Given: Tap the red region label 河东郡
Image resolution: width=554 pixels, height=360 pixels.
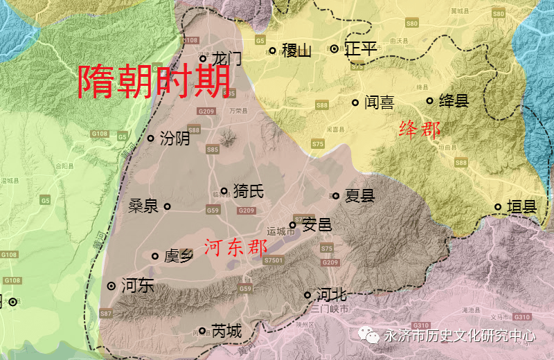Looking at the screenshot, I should (237, 248).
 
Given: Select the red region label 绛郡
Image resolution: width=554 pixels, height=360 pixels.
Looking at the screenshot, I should (420, 129).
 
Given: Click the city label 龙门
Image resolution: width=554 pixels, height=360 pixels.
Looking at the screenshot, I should (226, 58).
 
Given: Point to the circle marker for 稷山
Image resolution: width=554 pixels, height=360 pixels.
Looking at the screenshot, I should (272, 50).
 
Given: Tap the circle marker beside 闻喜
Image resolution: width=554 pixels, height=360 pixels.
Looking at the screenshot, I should (355, 102).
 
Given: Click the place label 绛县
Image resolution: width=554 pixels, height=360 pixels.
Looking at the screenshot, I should (454, 101).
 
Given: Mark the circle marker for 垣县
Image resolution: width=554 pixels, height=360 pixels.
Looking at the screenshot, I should (498, 206).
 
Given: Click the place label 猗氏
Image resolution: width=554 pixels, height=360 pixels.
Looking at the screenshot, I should (248, 191).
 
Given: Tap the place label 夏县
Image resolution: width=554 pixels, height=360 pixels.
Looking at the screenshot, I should (359, 196).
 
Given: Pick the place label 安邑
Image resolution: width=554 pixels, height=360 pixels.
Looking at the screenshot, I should (317, 225).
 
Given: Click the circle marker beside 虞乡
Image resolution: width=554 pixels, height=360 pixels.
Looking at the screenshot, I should (155, 256).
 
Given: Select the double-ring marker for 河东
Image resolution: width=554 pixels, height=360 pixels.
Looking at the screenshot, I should (111, 286).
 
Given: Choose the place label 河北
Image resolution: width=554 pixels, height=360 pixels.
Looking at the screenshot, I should (330, 295).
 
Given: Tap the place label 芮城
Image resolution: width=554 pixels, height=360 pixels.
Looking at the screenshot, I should (226, 332).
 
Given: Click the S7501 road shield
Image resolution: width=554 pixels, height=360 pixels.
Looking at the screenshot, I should (274, 259).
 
